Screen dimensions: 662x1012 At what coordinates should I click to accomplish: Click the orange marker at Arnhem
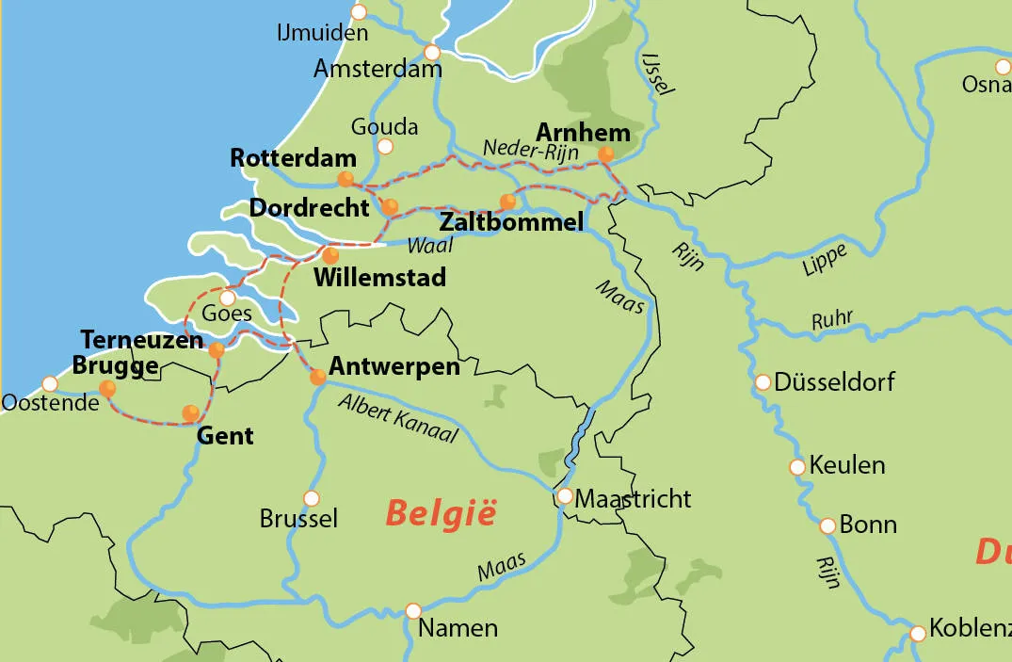coord(605,154)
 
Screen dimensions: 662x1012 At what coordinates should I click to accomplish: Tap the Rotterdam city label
coord(293,157)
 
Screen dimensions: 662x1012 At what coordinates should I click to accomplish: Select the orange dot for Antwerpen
coord(318,378)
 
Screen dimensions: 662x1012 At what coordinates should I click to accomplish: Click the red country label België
coord(441,514)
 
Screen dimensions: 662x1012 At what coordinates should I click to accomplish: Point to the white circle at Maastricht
coord(565,496)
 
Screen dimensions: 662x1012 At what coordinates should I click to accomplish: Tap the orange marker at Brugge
coord(107,388)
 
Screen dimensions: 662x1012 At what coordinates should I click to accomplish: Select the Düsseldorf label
coord(834,382)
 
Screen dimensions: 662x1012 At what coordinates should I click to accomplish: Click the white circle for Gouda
coord(384,146)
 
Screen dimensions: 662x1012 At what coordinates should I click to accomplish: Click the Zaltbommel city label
coord(511,223)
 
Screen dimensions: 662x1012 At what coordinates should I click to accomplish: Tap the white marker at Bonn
coord(827,525)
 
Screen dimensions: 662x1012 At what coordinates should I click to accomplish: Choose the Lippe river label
coord(825,260)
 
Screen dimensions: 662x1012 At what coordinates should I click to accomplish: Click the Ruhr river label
coord(831,319)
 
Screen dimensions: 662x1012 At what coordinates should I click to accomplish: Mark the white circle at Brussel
coord(312,498)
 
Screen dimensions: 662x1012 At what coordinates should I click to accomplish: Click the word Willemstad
coord(379,279)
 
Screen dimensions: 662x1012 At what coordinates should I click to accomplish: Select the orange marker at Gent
coord(191,412)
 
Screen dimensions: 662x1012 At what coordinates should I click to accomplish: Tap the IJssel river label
coord(656,73)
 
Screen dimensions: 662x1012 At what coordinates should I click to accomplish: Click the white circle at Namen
coord(412,610)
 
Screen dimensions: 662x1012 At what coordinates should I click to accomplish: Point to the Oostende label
coord(50,403)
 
